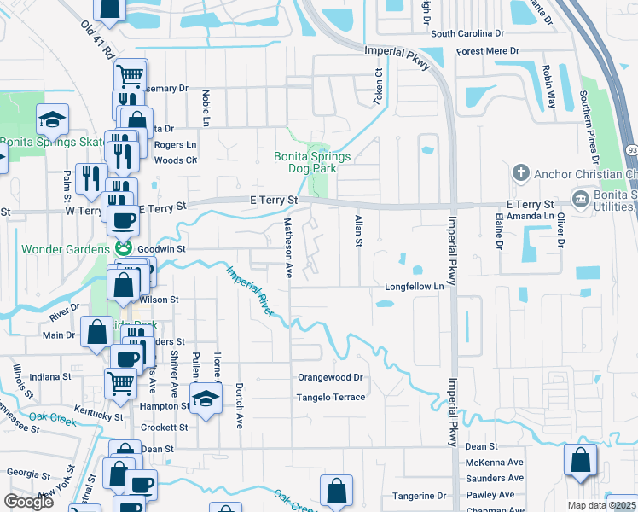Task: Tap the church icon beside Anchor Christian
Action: (520, 174)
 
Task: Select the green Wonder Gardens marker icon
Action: (124, 248)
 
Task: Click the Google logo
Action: (28, 502)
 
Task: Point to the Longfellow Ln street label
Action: (415, 287)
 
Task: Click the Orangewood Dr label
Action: (330, 376)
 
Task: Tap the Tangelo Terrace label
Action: (330, 397)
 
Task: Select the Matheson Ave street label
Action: (288, 247)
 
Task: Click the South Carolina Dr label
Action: (467, 34)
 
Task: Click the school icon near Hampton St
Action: (206, 399)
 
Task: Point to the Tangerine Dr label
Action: (419, 496)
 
